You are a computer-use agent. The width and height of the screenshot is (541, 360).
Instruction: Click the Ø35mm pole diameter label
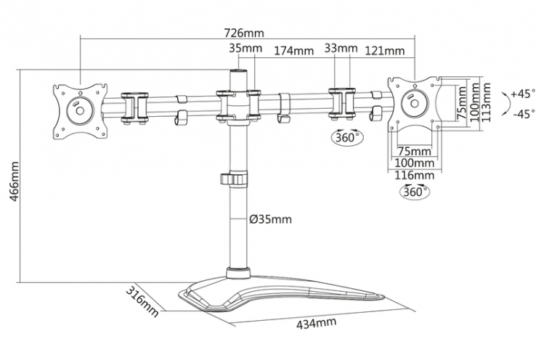[x=269, y=219]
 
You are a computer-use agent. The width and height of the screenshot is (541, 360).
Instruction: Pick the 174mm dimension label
[x=293, y=51]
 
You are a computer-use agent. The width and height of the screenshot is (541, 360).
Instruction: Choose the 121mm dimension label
[x=384, y=51]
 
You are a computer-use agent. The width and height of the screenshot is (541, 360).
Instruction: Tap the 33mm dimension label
[x=341, y=49]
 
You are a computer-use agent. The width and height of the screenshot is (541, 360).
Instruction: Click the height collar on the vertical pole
[x=236, y=179]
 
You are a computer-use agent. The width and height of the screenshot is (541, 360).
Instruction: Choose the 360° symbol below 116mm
[x=414, y=192]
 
